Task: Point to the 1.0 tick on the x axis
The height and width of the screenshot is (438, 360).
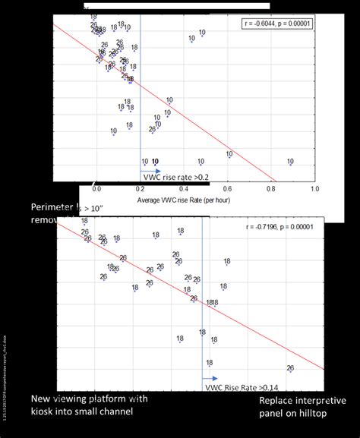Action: tap(314, 188)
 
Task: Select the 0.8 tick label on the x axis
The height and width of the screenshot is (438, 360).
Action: tap(271, 188)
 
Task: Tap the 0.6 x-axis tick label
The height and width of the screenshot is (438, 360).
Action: tap(227, 188)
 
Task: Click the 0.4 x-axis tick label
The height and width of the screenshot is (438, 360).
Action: tap(184, 188)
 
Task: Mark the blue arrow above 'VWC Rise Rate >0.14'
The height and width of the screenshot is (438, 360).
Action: tap(210, 378)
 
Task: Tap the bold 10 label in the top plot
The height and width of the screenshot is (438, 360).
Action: tap(155, 162)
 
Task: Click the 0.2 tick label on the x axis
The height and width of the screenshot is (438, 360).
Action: tap(141, 188)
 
